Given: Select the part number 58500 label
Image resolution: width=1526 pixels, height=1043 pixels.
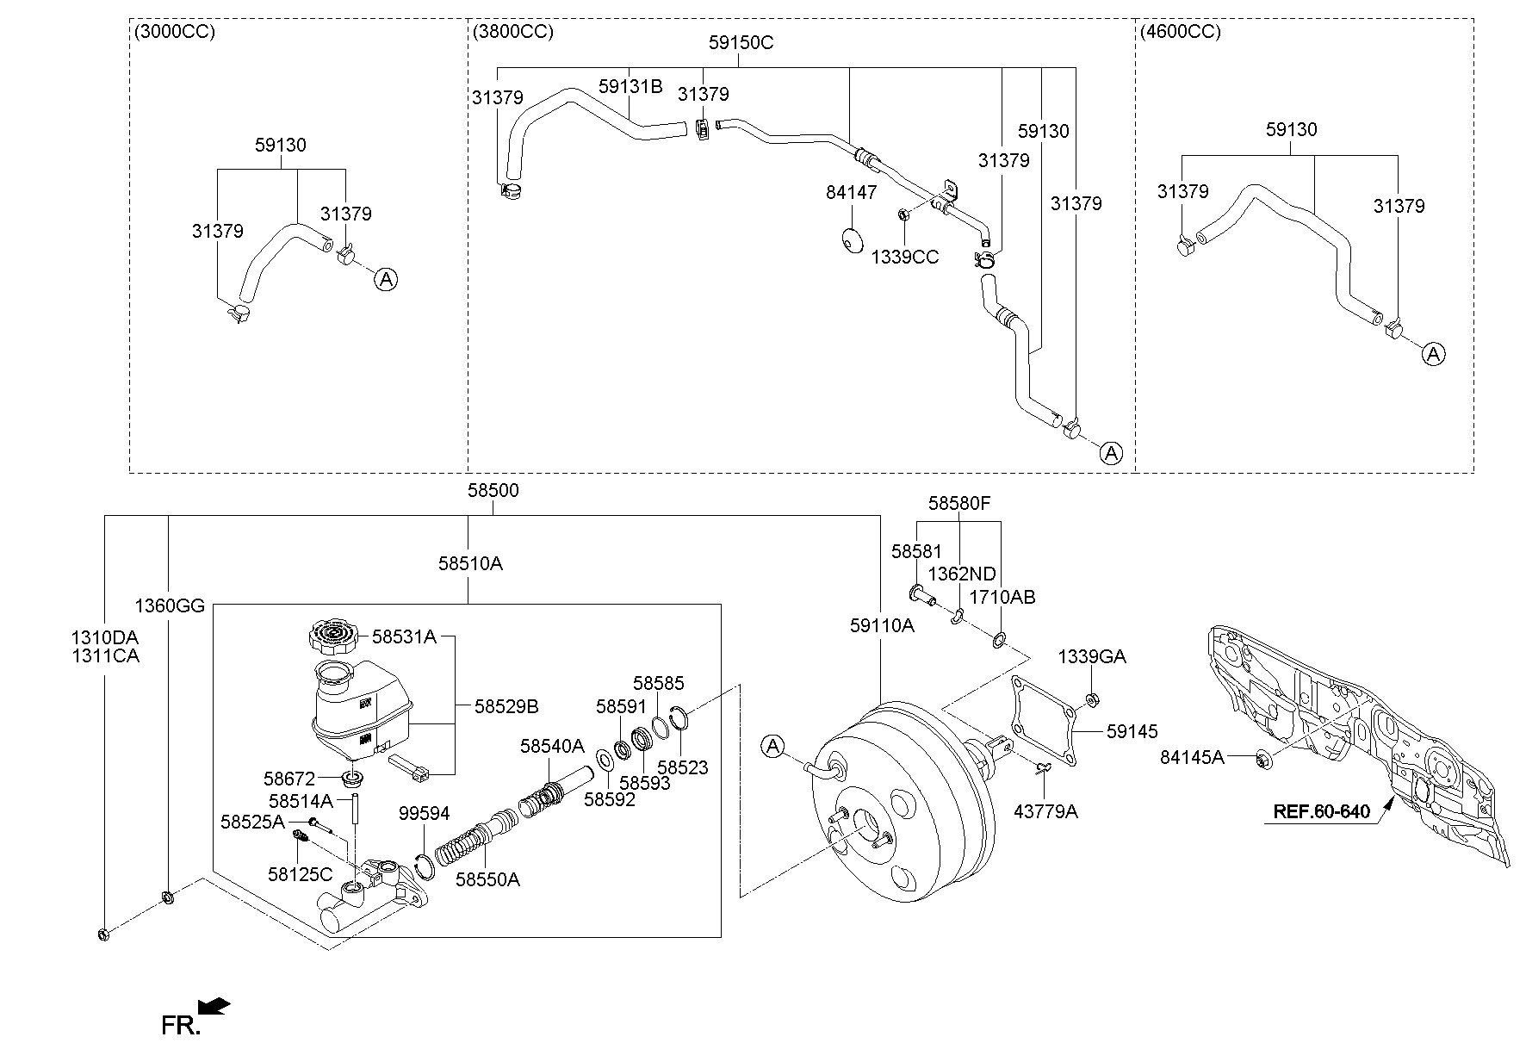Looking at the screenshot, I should (493, 490).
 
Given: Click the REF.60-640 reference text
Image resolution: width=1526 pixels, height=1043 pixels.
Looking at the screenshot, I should (1322, 811).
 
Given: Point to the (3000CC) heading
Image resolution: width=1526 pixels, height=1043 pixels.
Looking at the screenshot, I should (175, 32).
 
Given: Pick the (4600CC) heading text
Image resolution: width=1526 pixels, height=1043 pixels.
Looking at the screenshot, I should (1180, 32).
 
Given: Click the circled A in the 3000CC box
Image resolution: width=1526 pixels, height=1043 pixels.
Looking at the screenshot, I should (387, 278).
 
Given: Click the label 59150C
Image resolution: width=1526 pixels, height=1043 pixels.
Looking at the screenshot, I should (741, 42).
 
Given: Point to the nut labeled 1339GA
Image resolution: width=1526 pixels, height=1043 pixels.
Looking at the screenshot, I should (1090, 698).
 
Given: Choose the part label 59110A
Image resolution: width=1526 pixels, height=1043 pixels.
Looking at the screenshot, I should (882, 626).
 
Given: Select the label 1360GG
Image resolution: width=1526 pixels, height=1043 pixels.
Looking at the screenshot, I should (170, 606).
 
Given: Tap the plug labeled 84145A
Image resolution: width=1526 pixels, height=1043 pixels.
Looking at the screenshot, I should (1262, 759).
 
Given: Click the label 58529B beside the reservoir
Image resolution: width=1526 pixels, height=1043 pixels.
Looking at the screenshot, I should (506, 706).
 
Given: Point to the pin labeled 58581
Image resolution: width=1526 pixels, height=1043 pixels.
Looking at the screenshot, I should (921, 593).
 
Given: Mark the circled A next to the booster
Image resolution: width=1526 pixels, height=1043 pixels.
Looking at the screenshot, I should (773, 746).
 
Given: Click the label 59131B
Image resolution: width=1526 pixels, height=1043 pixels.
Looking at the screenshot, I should (630, 86).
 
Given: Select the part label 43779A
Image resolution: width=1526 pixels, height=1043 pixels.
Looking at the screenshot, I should (1045, 810).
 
